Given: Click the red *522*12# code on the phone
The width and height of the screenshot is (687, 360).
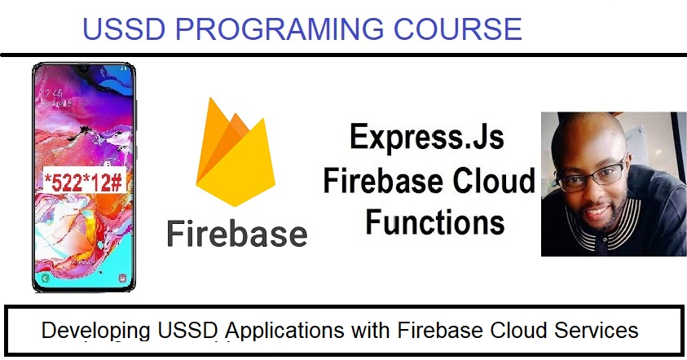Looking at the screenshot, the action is pyautogui.click(x=83, y=181).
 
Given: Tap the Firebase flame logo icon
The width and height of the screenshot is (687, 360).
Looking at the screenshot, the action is pyautogui.click(x=236, y=151).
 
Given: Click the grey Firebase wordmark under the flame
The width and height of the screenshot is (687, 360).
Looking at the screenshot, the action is pyautogui.click(x=237, y=234).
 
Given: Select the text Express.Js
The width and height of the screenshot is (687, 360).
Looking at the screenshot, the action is pyautogui.click(x=427, y=137).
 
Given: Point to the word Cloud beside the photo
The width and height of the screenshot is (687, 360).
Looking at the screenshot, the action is pyautogui.click(x=494, y=180).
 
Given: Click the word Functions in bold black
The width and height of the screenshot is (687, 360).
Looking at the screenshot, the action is pyautogui.click(x=435, y=222).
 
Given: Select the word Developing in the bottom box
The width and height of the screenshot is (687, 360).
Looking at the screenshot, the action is pyautogui.click(x=96, y=331).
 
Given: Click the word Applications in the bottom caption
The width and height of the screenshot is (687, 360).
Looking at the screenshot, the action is pyautogui.click(x=284, y=331).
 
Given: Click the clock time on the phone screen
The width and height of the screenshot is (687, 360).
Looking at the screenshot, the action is pyautogui.click(x=54, y=94).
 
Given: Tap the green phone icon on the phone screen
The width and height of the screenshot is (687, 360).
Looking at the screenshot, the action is pyautogui.click(x=45, y=278).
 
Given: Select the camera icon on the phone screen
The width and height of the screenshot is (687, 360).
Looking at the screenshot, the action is pyautogui.click(x=122, y=278).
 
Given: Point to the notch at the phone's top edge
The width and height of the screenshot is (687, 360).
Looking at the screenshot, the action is pyautogui.click(x=84, y=68).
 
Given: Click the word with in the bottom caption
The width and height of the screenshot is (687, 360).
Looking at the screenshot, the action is pyautogui.click(x=370, y=330).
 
